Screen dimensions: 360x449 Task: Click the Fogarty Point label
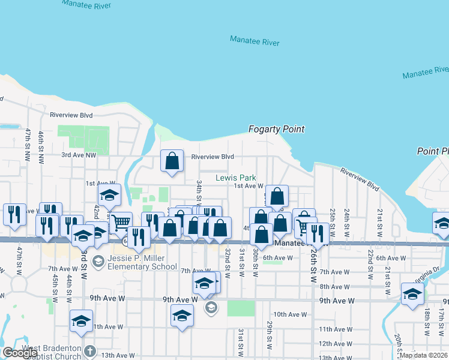pos(277,129)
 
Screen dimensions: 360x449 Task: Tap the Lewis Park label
pos(236,178)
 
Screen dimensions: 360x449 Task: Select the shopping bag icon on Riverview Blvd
pos(172,161)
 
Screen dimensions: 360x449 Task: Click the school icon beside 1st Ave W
pos(110,194)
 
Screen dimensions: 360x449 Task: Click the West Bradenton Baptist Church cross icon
pos(89,351)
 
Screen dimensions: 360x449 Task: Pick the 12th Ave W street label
pos(335,344)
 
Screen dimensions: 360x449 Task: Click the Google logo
pos(20,353)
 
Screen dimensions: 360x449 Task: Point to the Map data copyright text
pos(423,355)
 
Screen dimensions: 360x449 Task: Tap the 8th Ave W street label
pos(334,287)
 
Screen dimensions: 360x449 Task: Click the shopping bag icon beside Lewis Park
pos(277,196)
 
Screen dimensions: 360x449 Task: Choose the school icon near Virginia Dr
pos(412,294)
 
